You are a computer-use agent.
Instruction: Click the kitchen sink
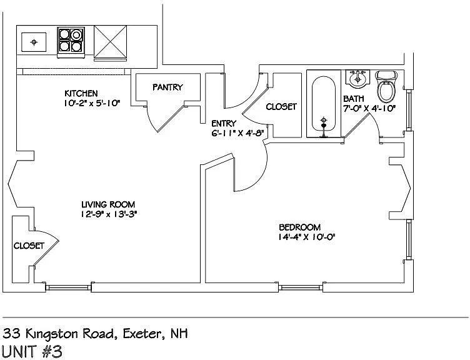(34, 42)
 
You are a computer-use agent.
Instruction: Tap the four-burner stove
(71, 42)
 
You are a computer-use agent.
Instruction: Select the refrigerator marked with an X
(110, 42)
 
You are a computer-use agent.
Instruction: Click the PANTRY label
(167, 87)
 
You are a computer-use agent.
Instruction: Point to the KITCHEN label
(81, 93)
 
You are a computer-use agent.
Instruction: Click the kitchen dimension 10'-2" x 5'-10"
(92, 103)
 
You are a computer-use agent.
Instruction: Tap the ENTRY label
(224, 123)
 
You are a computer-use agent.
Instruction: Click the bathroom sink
(357, 79)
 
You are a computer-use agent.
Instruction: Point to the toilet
(386, 86)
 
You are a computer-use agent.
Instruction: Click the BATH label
(354, 99)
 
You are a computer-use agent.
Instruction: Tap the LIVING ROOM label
(108, 204)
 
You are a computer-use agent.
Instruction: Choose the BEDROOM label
(300, 227)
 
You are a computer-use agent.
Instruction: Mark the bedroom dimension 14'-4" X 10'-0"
(306, 237)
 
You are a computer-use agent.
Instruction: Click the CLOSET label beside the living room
(29, 246)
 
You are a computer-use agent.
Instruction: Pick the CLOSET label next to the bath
(281, 107)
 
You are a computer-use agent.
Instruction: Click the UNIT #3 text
(32, 351)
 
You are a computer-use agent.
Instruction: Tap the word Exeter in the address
(142, 333)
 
